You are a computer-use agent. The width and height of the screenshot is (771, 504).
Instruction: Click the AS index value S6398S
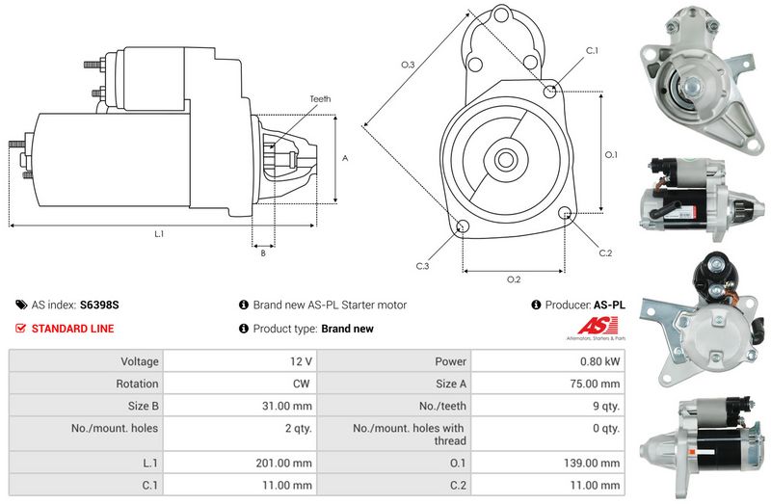point(99,305)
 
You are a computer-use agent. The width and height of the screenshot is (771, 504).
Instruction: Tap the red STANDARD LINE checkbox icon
point(20,328)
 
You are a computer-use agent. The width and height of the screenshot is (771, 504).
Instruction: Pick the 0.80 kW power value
point(599,361)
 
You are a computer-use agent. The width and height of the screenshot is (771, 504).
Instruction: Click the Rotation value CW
point(302,384)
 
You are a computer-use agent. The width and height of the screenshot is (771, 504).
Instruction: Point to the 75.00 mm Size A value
point(595,384)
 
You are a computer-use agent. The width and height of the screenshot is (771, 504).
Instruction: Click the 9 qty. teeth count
point(606,406)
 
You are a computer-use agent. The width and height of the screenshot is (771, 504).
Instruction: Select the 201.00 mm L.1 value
point(283,463)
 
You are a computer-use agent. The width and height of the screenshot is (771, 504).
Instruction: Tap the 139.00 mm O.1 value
point(592,463)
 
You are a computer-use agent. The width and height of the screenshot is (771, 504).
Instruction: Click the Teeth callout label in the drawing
point(320,99)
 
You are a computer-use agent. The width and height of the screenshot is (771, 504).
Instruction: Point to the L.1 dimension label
point(159,234)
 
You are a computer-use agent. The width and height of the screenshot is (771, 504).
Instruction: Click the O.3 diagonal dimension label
point(408,65)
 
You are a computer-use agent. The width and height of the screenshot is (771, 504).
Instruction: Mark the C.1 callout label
point(592,51)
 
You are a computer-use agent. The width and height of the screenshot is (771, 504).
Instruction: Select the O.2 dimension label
point(514,279)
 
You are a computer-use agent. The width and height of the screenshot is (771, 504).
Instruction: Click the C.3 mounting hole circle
point(463,226)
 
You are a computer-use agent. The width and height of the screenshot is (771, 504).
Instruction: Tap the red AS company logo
point(597,326)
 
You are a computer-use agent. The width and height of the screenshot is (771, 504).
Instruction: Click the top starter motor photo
point(704,81)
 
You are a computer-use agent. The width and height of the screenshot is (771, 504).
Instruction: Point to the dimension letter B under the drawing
point(263,253)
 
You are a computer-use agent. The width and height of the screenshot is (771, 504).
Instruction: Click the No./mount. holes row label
point(115,428)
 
